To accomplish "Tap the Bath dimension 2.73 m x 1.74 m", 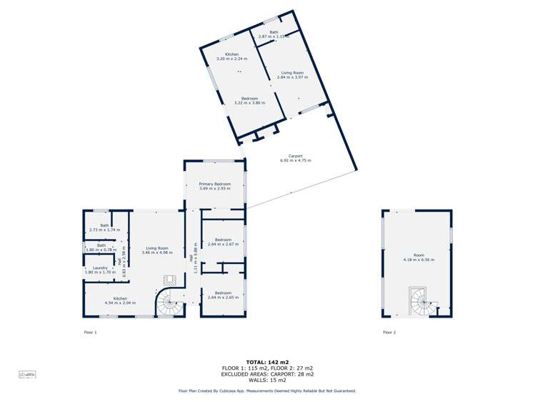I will pyautogui.click(x=104, y=230).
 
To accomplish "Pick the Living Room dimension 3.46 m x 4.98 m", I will pyautogui.click(x=156, y=253).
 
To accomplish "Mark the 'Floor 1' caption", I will pyautogui.click(x=90, y=333).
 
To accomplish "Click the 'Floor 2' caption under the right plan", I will pyautogui.click(x=389, y=333).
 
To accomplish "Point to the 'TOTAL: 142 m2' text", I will pyautogui.click(x=267, y=362).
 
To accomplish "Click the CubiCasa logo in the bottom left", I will pyautogui.click(x=28, y=374).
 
